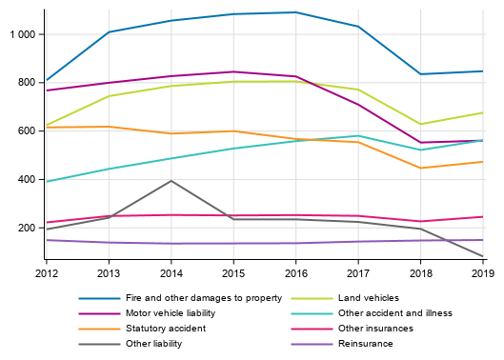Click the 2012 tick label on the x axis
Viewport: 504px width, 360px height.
point(46,273)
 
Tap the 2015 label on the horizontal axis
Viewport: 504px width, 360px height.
point(232,273)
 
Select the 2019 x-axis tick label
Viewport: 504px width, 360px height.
point(482,273)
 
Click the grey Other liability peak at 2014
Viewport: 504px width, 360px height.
point(171,181)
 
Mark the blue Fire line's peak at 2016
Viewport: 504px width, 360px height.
point(295,12)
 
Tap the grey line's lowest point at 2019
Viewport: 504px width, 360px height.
point(482,256)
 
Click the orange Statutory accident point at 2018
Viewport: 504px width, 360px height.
point(420,169)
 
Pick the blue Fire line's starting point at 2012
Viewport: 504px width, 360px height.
point(46,81)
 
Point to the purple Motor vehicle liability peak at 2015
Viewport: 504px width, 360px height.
point(232,71)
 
